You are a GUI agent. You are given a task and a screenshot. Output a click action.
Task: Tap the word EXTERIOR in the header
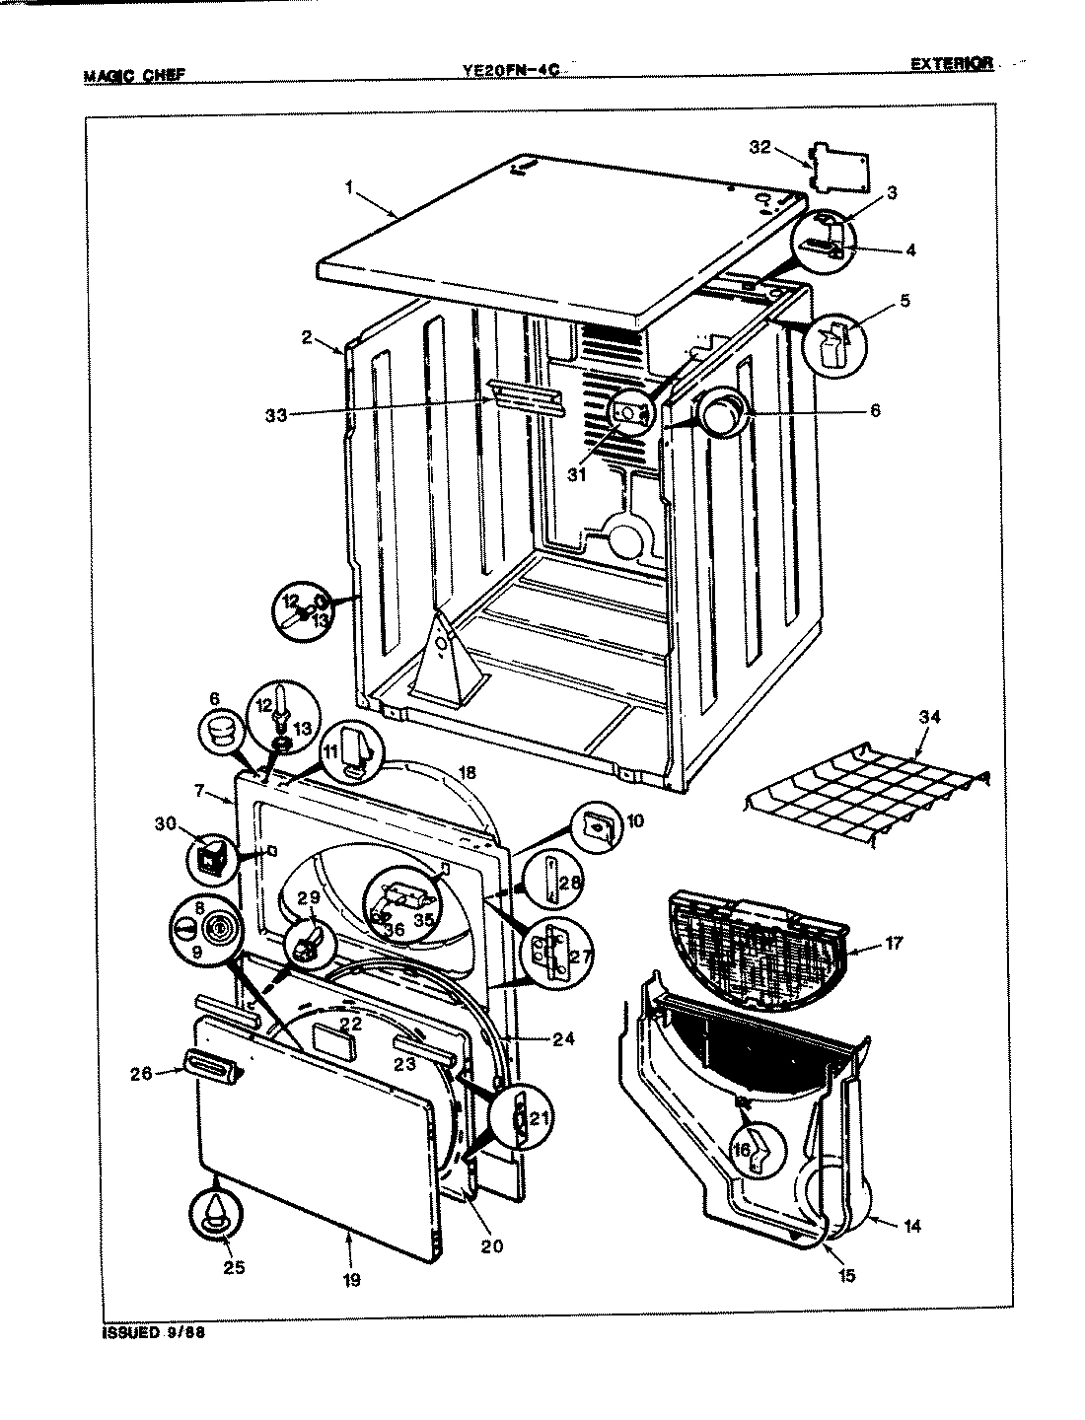click(950, 65)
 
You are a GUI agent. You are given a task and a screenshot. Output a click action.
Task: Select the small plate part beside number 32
click(839, 169)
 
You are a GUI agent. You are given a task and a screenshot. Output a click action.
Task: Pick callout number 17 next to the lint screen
click(893, 944)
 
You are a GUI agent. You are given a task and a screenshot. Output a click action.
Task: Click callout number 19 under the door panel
click(351, 1280)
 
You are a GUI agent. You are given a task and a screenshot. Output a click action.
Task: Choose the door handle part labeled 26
click(207, 1068)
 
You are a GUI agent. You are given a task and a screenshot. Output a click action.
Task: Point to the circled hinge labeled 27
click(548, 954)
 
